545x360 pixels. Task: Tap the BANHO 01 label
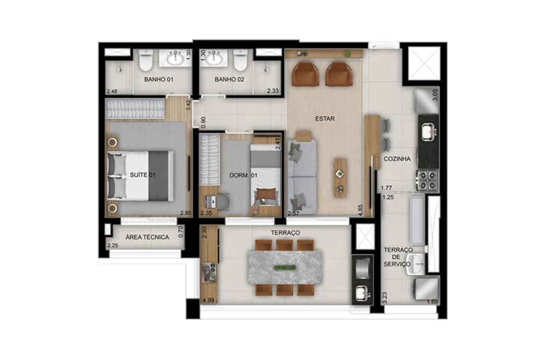coord(159,80)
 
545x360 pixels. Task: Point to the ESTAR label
coord(325,118)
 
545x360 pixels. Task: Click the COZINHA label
coord(397,159)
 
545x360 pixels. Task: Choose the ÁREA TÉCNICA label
coord(147,237)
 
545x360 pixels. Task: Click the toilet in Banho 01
coord(146,61)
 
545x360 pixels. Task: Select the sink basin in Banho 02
coord(213,57)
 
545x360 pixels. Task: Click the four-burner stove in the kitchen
coord(428,180)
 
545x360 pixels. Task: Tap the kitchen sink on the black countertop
coord(428,131)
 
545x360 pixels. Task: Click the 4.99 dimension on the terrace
coord(208,300)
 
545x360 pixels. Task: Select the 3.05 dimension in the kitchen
coord(434,97)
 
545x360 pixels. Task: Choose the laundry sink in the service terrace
coord(417,265)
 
